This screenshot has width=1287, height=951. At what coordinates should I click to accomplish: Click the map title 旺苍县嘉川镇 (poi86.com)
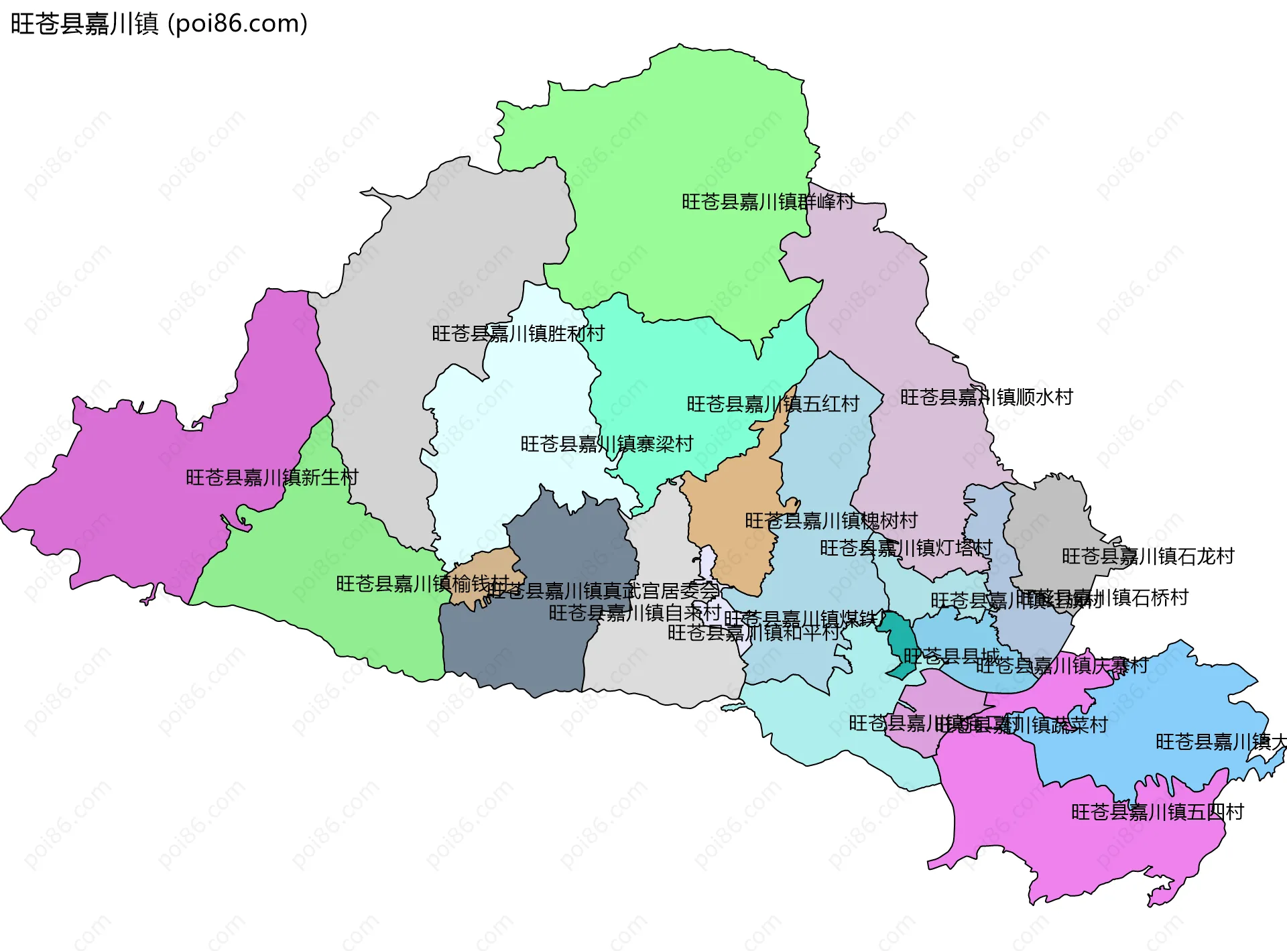point(159,23)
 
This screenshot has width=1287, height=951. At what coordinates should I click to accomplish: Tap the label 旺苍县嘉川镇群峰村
point(768,202)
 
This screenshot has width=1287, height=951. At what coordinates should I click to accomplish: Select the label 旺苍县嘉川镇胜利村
point(518,333)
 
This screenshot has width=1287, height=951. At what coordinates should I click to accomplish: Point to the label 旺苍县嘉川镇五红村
point(773,404)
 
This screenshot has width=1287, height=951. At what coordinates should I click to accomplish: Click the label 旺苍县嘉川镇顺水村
point(986,397)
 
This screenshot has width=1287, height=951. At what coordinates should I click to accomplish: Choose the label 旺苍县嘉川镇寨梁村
point(607,444)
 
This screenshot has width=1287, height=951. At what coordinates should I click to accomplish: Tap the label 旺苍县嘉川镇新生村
point(272,478)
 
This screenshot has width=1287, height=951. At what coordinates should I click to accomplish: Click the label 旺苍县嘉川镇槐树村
point(831,521)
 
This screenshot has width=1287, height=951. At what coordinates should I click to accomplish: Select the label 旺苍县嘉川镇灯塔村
point(906,548)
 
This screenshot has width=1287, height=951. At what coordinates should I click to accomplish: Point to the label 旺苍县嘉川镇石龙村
point(1148,556)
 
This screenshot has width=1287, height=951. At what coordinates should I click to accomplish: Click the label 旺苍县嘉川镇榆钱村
point(422,584)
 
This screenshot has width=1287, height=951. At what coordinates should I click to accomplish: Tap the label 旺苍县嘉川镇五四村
point(1157,812)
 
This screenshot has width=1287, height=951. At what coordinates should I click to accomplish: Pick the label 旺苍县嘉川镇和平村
point(753,632)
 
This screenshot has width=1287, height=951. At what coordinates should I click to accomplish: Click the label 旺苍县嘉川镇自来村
point(634,613)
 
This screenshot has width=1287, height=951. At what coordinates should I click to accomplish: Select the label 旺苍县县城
point(951,655)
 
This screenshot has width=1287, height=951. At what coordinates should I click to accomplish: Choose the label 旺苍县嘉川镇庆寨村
point(1062,665)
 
